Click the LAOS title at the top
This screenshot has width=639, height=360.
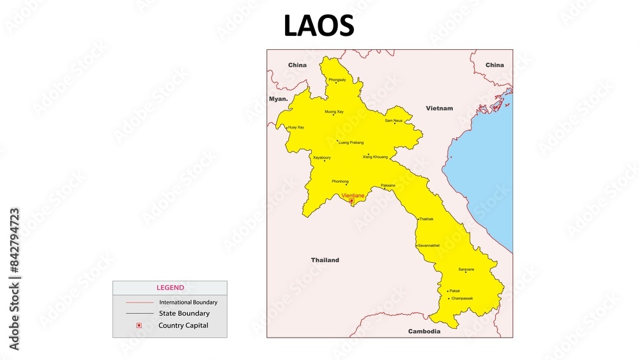pos(319,26)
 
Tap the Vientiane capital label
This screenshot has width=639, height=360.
pos(353,195)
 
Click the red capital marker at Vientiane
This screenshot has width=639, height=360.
pos(351,201)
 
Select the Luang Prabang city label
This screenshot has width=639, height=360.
pos(351,142)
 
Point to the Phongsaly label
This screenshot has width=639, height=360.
pos(337,79)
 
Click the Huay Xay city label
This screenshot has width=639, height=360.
pos(296,127)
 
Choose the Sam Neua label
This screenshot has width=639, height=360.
pos(394,120)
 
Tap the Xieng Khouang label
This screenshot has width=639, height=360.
pos(375,157)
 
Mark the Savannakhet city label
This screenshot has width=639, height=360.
pos(429,246)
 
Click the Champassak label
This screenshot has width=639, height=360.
pos(462,298)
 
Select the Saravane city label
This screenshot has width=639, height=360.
pos(466,269)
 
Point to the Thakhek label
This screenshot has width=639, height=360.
pos(426,219)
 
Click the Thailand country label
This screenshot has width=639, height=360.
pos(325,260)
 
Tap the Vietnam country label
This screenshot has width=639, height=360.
pos(439,108)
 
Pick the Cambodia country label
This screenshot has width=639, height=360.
pos(424,331)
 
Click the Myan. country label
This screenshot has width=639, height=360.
pos(278,99)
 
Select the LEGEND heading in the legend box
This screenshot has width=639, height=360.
pos(170,288)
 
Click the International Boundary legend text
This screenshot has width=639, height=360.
pos(188,302)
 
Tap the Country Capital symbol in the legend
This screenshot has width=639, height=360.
pos(139,325)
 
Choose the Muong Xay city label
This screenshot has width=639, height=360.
pos(334,112)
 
